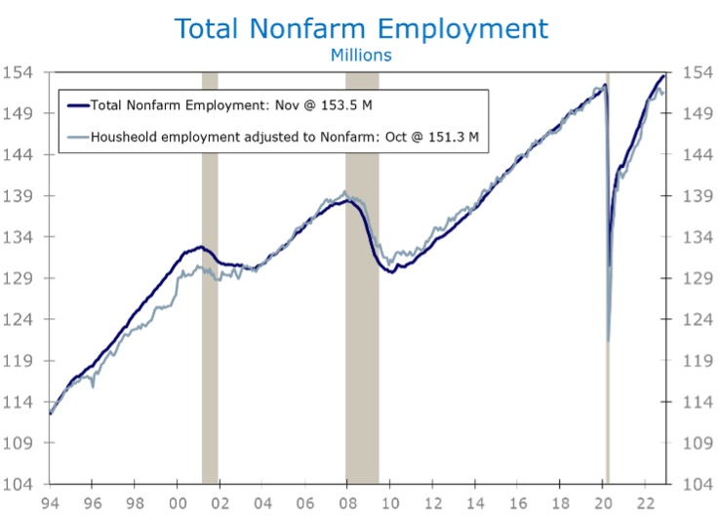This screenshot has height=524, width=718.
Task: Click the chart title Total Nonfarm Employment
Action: tap(359, 28)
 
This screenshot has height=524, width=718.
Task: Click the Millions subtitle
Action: tap(359, 55)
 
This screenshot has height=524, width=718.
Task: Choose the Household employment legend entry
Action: tap(284, 137)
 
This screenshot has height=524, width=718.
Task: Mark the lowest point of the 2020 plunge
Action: tap(609, 342)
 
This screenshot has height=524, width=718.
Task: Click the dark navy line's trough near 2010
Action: tap(391, 271)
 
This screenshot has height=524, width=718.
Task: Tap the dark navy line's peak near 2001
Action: tap(199, 247)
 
